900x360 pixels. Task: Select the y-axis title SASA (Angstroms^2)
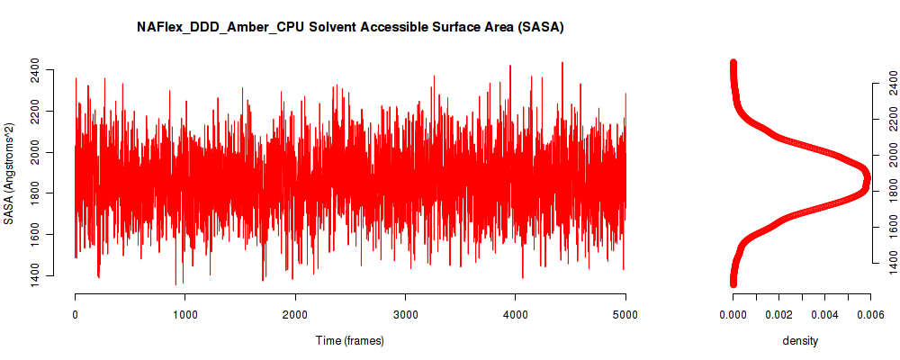10,173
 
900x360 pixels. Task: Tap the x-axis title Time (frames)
350,341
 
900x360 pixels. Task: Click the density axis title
801,341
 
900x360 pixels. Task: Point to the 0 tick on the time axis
75,314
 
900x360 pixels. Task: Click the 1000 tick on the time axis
184,314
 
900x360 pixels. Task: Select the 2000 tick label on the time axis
295,314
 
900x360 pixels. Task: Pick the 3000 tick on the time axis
405,314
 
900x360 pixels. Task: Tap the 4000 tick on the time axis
516,314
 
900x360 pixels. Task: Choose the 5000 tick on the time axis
625,314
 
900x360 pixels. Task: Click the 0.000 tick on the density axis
733,314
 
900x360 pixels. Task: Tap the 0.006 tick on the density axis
870,314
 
